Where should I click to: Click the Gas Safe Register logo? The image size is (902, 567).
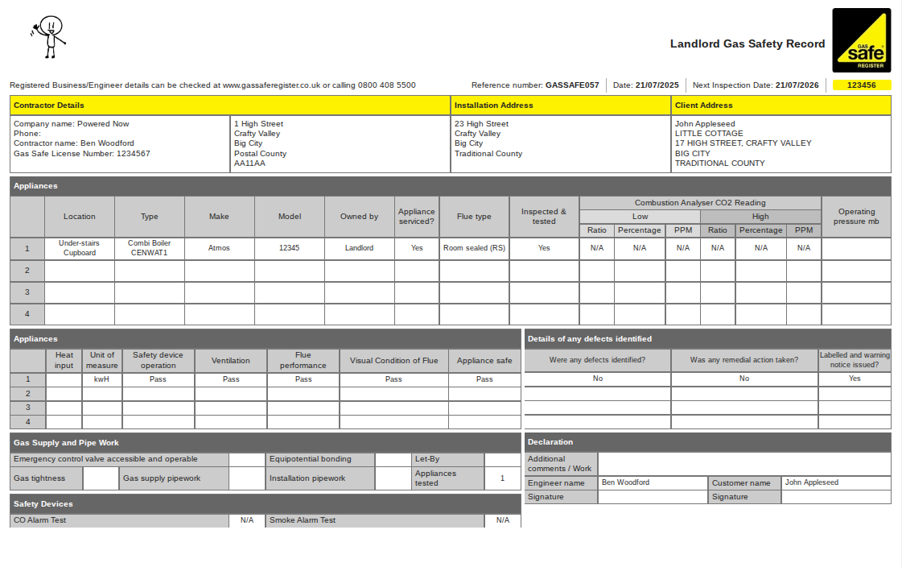861,40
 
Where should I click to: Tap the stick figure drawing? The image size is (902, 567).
50,36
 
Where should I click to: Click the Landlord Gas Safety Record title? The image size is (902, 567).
748,44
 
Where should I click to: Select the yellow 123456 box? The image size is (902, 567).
862,85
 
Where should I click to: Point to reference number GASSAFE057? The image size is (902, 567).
571,85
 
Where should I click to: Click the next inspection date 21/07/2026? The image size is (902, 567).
797,85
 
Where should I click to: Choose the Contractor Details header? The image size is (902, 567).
49,106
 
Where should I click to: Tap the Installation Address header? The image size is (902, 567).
493,106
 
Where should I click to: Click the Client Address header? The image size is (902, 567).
704,106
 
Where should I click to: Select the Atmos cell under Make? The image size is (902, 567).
219,248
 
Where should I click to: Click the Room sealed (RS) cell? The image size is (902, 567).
474,248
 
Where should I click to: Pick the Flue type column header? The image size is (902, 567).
474,217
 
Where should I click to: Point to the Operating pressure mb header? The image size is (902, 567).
855,217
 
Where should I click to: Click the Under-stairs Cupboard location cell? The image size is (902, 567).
79,248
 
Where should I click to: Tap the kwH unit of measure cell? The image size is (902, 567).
101,379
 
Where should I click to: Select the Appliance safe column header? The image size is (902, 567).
484,361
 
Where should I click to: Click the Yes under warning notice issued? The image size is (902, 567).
855,379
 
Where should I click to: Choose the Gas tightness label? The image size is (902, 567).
39,478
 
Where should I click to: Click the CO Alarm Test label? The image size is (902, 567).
40,520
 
